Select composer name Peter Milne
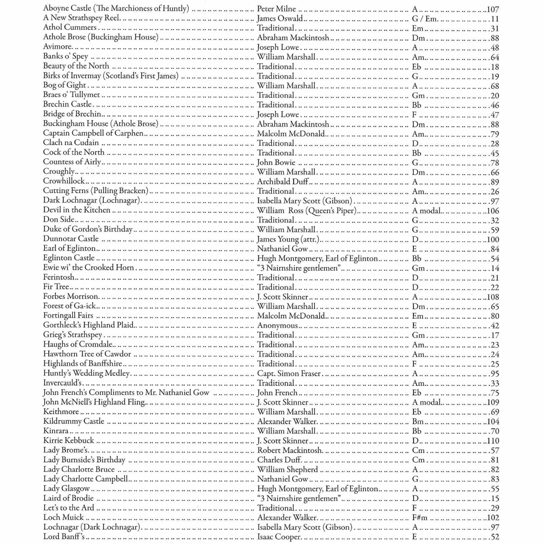276,9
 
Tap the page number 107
493,10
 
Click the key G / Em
424,19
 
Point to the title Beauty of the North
76,66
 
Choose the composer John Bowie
276,162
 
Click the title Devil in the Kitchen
77,210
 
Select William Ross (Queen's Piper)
307,210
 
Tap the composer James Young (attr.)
288,239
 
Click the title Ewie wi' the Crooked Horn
88,267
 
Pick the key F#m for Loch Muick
419,517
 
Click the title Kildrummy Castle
74,421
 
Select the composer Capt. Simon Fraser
289,374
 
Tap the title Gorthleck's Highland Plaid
88,325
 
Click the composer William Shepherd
287,469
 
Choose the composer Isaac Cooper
279,536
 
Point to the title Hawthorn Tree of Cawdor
87,354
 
